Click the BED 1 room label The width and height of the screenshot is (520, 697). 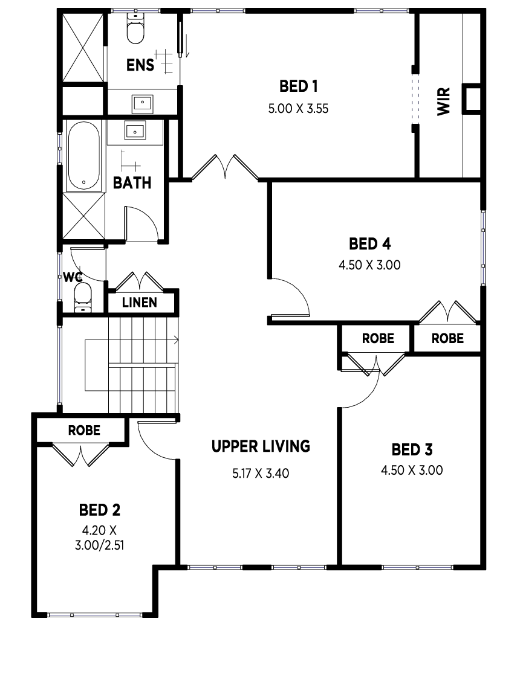pos(299,86)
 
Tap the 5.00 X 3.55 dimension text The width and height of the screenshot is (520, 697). pos(299,109)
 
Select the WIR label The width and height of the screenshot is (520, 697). pos(443,102)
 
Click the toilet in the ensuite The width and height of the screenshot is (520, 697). pos(135,29)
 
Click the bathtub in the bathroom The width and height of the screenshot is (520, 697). pos(83,156)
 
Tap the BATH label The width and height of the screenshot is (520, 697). pos(132,182)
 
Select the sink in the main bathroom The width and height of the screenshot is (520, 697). pos(135,130)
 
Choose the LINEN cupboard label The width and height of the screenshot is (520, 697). pos(140,303)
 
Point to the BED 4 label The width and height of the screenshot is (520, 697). pos(369,244)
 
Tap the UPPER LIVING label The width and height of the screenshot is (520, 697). pos(261,446)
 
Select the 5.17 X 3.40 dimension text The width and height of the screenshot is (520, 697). pos(261,474)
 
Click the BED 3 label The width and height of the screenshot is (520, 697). pos(412,450)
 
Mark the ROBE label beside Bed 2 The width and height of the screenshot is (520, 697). pos(84,430)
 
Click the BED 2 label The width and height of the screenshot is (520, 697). pos(100,510)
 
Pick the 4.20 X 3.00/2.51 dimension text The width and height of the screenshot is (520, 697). pos(100,538)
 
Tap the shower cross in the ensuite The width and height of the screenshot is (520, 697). pos(83,48)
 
